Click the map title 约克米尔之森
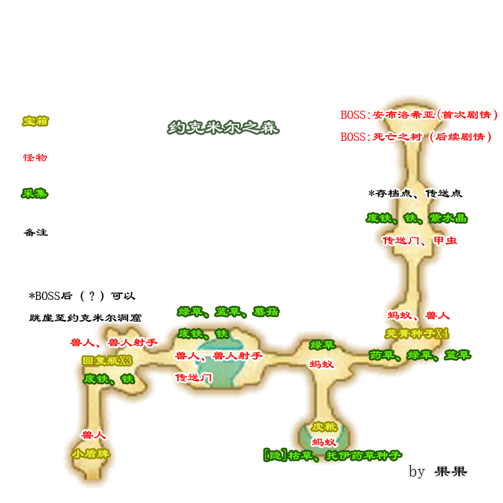pos(223,128)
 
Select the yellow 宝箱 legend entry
pos(35,121)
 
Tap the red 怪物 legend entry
pos(35,157)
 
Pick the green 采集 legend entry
pos(35,193)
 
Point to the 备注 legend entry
pos(35,232)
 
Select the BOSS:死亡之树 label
pos(416,136)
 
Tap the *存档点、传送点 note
pos(415,194)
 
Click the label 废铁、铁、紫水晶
pos(416,218)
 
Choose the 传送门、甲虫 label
pos(419,240)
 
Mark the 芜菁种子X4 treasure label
pos(417,333)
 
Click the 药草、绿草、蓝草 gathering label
pos(419,355)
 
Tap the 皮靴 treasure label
pos(324,426)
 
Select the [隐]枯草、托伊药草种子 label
pos(332,455)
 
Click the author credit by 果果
pos(438,471)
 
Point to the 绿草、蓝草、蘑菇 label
pos(228,312)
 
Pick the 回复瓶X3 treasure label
pos(107,361)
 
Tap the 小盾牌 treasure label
pos(91,453)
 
